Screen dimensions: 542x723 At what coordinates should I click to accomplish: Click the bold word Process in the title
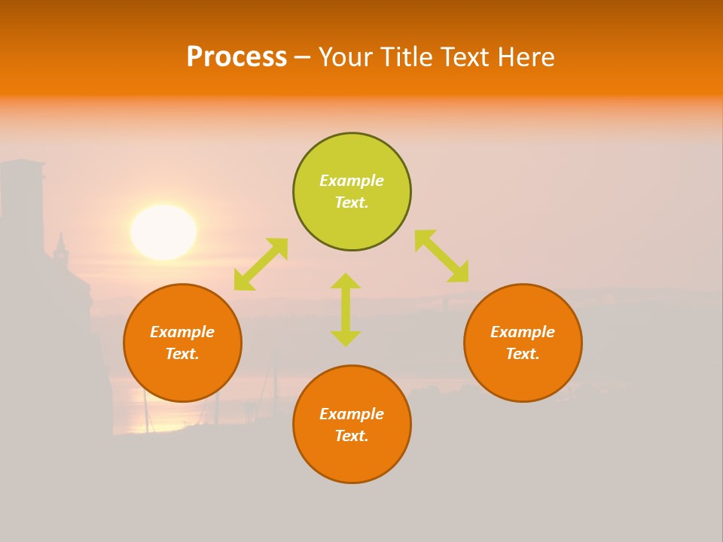236,57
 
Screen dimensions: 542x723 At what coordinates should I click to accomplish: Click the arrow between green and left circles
261,264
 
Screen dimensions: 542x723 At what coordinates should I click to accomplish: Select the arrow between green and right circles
441,256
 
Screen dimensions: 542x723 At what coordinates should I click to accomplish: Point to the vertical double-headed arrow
346,309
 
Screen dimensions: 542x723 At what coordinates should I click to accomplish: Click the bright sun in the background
163,232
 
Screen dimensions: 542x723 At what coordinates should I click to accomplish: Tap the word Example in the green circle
352,181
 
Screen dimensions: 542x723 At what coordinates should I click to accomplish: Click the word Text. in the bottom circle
352,436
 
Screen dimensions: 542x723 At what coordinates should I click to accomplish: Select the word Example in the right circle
523,332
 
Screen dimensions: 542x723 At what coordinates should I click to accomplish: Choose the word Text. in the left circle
182,354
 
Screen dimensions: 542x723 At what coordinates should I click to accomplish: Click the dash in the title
302,57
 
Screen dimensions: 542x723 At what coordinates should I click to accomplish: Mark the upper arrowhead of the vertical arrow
346,280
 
